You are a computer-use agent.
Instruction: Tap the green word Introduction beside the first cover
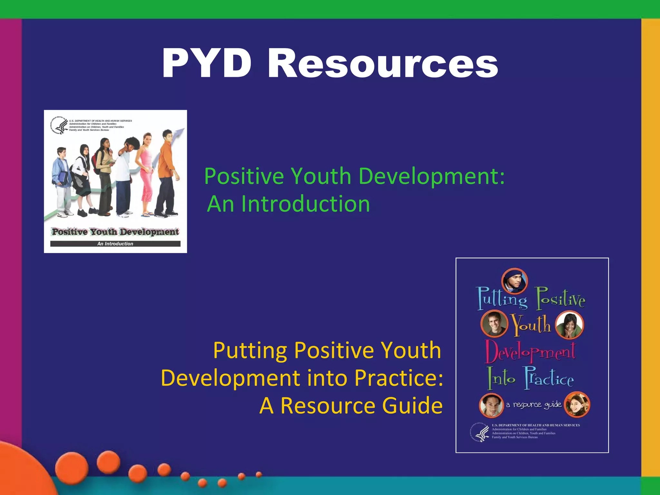[x=306, y=204]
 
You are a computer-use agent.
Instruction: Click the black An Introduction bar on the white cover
[x=115, y=244]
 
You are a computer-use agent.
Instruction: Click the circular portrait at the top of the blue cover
[x=515, y=280]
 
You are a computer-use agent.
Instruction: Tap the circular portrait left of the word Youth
[x=494, y=324]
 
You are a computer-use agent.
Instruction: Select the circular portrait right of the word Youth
[x=569, y=325]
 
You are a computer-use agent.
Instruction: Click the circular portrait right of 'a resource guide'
[x=577, y=404]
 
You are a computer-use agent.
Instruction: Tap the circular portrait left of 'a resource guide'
[x=491, y=405]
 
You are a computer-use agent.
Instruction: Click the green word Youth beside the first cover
[x=321, y=177]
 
